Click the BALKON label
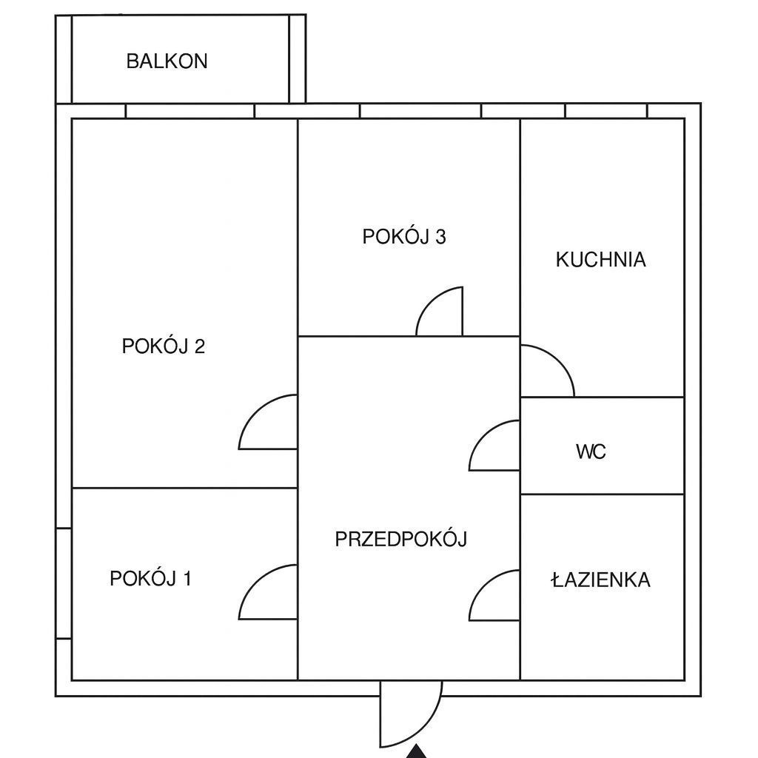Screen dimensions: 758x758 [x=167, y=61]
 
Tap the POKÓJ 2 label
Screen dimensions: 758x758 [x=164, y=346]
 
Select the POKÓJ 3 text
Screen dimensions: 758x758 [x=404, y=236]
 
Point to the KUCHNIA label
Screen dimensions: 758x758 [x=601, y=260]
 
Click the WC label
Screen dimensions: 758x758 [x=591, y=452]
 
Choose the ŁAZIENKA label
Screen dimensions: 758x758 [x=601, y=579]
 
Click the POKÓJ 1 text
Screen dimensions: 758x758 [x=151, y=578]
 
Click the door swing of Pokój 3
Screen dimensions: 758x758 [x=429, y=300]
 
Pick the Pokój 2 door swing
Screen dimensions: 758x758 [x=255, y=410]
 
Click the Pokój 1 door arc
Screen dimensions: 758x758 [x=255, y=580]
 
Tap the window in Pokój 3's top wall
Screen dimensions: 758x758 [x=420, y=111]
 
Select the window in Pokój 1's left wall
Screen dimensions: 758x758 [x=64, y=583]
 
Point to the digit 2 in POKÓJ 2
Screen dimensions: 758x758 [x=200, y=346]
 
